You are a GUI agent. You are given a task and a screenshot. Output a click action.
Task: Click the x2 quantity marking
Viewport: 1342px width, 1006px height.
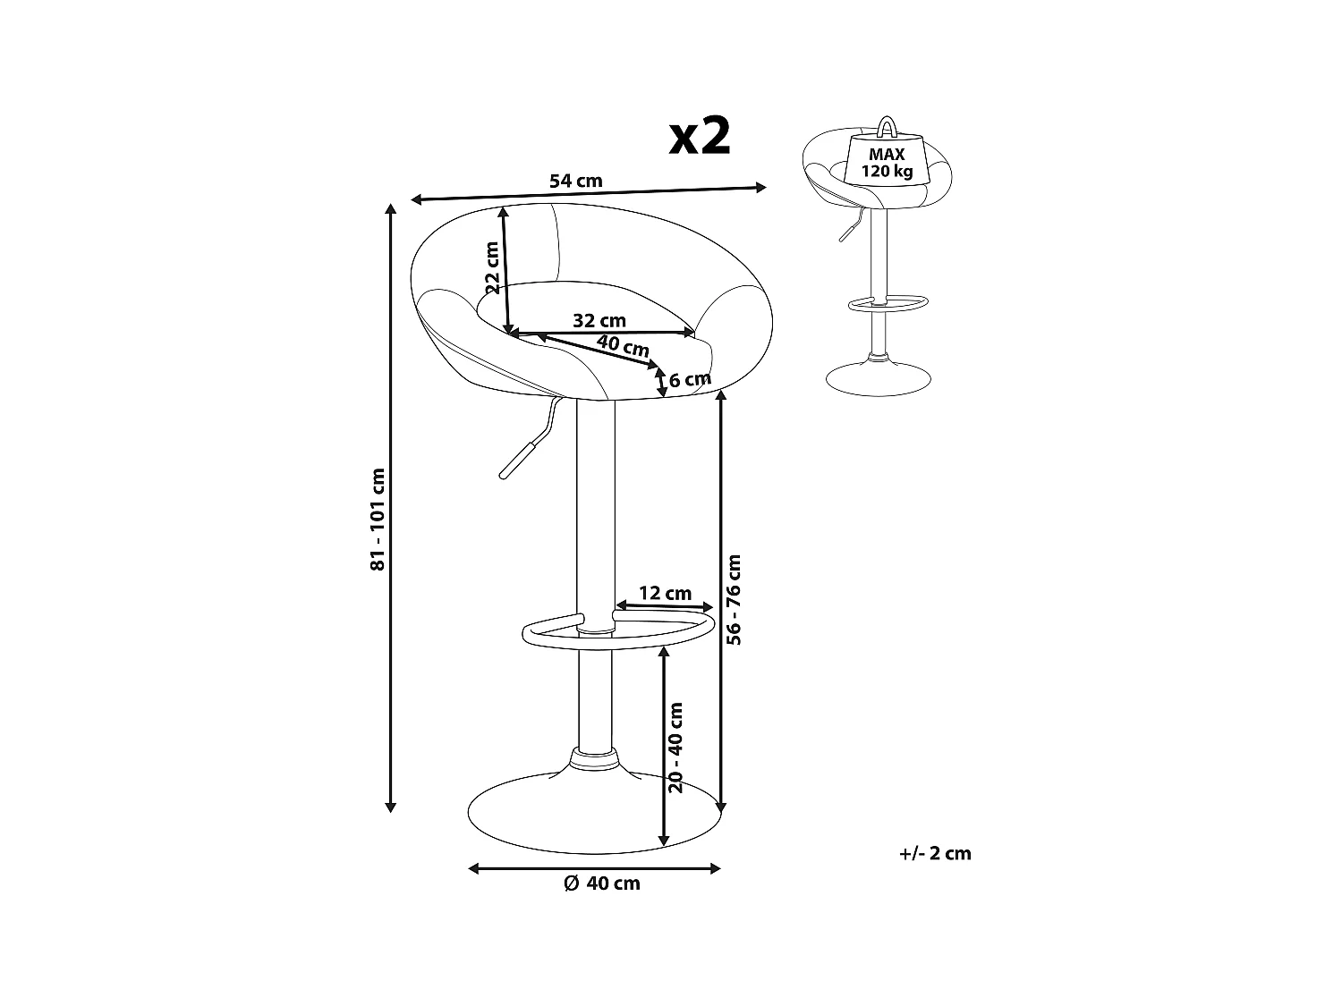(701, 137)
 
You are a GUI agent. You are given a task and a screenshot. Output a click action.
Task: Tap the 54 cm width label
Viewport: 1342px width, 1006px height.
(575, 181)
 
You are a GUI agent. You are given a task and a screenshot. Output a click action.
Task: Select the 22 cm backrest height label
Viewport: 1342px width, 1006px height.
(491, 267)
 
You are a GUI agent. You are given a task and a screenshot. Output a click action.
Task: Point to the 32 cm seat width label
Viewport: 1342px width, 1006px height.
(599, 320)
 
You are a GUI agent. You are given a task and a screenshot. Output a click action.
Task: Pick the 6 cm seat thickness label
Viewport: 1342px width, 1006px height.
(690, 379)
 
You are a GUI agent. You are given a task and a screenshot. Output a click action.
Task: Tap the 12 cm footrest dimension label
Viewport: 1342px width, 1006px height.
(666, 593)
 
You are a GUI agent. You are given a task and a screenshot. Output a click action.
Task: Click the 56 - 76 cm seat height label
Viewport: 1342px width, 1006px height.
(735, 599)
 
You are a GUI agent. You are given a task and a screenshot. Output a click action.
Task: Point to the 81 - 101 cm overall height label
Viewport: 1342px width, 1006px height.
(378, 519)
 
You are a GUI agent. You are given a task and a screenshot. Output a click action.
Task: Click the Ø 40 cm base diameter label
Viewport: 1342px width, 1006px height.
(602, 883)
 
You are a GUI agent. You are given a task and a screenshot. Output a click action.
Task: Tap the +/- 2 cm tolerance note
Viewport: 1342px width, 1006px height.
(935, 853)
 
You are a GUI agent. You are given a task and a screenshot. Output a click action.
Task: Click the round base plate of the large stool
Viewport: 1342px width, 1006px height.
(555, 814)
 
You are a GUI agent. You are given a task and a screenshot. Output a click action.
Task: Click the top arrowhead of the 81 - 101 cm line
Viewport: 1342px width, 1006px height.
(390, 210)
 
